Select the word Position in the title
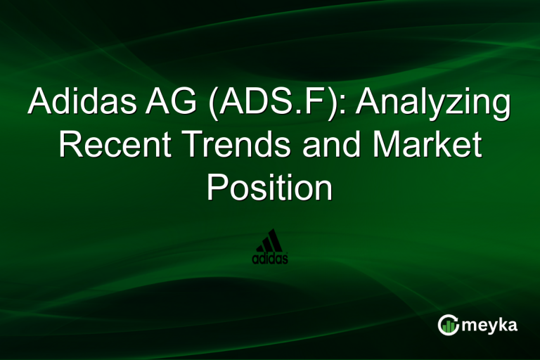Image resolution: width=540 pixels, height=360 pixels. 269,187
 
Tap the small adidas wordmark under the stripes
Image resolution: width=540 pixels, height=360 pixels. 269,259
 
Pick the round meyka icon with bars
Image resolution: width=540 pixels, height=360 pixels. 448,324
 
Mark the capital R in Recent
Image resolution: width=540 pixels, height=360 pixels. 70,146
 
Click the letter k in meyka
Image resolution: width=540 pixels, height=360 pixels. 502,324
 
